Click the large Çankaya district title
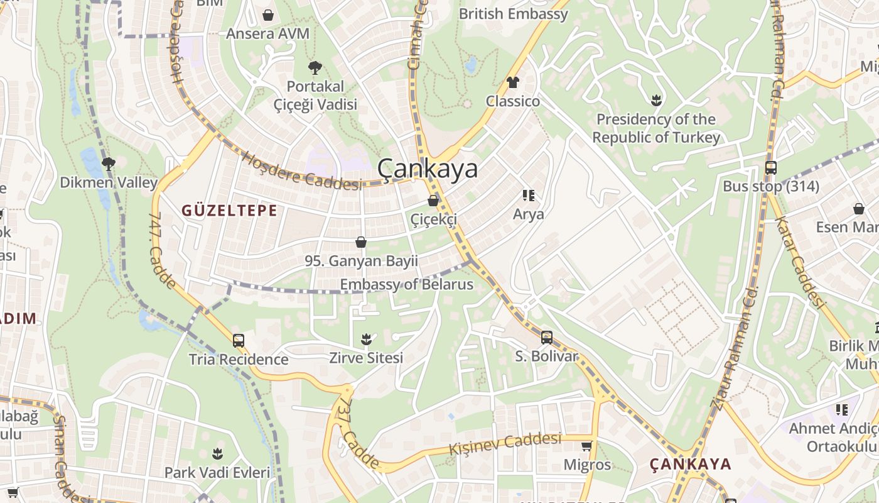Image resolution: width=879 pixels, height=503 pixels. tap(428, 169)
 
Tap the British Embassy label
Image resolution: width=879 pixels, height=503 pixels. tap(514, 14)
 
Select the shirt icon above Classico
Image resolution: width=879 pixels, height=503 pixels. tap(513, 82)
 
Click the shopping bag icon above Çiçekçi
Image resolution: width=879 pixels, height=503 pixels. tap(433, 201)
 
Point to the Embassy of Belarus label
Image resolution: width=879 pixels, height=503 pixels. tap(406, 284)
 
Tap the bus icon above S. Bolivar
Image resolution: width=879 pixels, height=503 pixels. tap(547, 338)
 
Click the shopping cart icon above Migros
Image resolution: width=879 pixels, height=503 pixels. tap(587, 446)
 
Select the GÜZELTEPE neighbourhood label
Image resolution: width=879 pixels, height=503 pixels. tap(229, 211)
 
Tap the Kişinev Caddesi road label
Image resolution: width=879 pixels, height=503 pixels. tap(505, 443)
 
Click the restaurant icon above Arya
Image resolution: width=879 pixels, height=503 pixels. tap(529, 196)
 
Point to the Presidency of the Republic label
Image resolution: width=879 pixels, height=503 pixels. tap(656, 128)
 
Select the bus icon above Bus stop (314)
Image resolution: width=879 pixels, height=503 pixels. tap(771, 168)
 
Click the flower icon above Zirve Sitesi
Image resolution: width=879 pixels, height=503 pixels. tap(367, 340)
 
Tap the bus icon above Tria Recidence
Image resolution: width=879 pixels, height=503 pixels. tap(239, 341)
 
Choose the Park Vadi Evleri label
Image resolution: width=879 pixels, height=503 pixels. tap(217, 472)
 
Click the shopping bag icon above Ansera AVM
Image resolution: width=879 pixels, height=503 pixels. tap(268, 15)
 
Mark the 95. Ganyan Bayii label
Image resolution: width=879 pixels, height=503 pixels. tap(361, 260)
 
